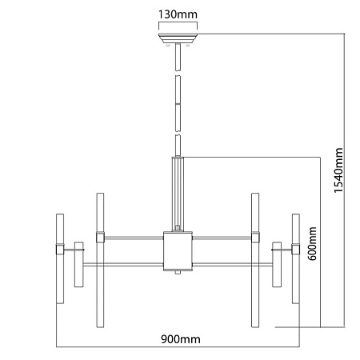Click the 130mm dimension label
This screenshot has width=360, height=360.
point(178,14)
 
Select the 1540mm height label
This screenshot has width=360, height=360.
point(338,170)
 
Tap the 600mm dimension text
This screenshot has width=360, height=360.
point(312,243)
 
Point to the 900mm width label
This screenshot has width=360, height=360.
point(181,339)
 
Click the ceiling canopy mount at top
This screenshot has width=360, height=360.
point(178,38)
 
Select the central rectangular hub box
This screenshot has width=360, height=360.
point(178,251)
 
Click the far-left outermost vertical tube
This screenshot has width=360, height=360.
point(60,258)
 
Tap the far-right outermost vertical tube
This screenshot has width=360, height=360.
point(296,258)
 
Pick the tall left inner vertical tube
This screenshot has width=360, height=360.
point(100,260)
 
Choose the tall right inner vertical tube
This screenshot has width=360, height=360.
point(255,260)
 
